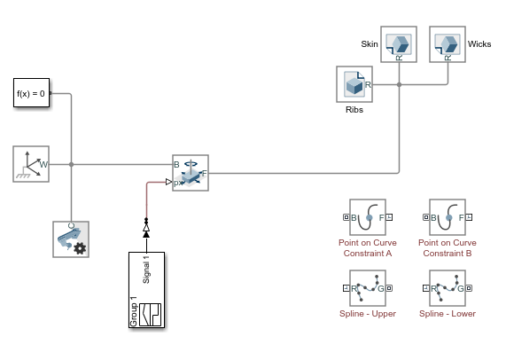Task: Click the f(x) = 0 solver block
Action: (x=32, y=93)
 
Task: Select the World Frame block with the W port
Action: (x=31, y=164)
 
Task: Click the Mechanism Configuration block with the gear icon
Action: (x=71, y=239)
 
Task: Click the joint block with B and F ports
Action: (x=190, y=172)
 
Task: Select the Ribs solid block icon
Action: (x=355, y=85)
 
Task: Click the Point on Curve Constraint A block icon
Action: (x=367, y=217)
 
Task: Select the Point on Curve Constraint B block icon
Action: (x=448, y=217)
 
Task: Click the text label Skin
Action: (x=370, y=43)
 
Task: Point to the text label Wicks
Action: (x=479, y=43)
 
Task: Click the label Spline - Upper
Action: (x=367, y=314)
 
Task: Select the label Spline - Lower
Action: (x=448, y=314)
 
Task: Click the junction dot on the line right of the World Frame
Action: (x=71, y=164)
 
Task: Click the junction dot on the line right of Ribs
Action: (x=400, y=85)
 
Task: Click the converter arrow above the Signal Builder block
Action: (x=146, y=230)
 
